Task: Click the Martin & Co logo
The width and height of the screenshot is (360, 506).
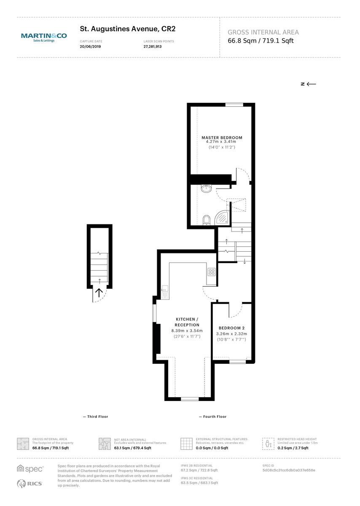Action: pos(44,38)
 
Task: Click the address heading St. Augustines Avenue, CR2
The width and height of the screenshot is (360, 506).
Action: pos(127,29)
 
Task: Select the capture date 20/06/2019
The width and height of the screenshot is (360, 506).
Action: pos(90,47)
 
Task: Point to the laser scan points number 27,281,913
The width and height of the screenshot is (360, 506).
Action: pos(153,47)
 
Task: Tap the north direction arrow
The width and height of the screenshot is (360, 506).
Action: pos(309,84)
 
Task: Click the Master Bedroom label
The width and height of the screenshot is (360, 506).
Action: pos(222,137)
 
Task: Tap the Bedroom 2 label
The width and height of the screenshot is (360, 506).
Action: pos(231,328)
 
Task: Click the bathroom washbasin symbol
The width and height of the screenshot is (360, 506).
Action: pos(206,188)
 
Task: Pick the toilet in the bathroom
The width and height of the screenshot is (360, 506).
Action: pos(207,220)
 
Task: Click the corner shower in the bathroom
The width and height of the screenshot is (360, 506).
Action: pos(223,217)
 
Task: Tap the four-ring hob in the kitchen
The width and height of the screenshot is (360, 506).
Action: pos(212,272)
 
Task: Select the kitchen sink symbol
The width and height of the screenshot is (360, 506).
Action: pos(165,290)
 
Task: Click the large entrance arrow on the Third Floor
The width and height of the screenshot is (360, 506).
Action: pos(99,293)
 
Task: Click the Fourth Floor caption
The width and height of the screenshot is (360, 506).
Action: pos(213,417)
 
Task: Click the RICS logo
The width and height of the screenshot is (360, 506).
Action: pos(30,483)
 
